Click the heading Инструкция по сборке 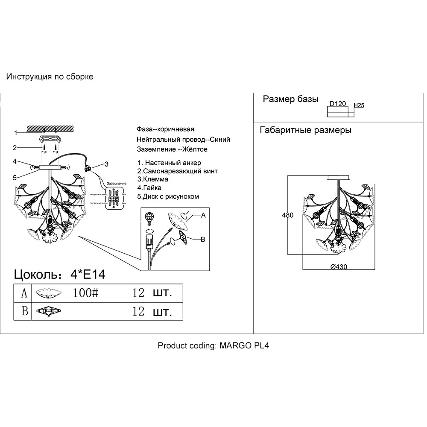tap(50, 77)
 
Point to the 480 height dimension tap(288, 215)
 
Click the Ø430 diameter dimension tap(339, 267)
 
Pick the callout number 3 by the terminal tap(107, 164)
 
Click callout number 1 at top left tap(15, 132)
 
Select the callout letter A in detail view tap(203, 216)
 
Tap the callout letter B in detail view tap(203, 240)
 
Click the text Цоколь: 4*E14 tap(60, 275)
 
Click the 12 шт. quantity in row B tap(152, 311)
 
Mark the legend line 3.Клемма tap(152, 179)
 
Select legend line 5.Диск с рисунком tap(168, 196)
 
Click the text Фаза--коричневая tap(165, 129)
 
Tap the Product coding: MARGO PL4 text tap(213, 345)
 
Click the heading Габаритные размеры tap(306, 130)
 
